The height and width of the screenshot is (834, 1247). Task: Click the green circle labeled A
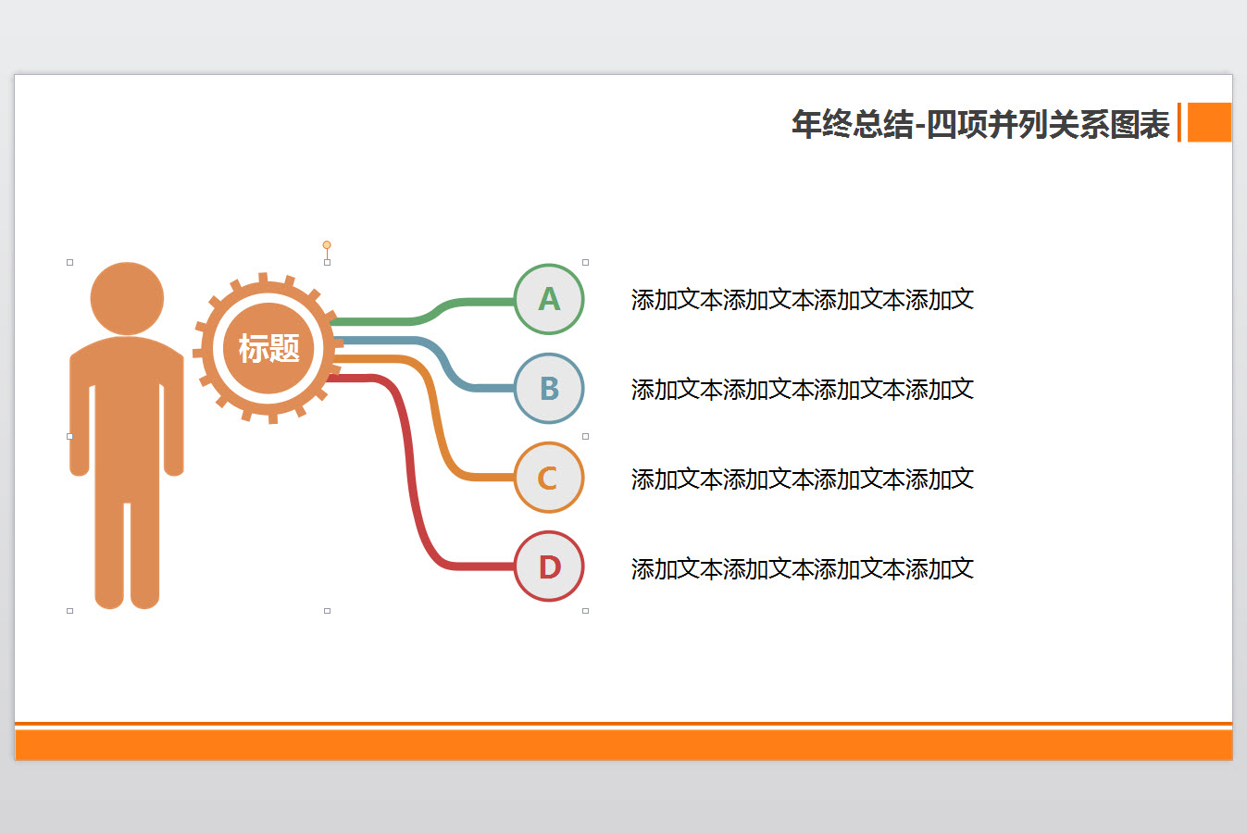tap(549, 299)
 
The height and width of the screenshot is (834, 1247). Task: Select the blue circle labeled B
tap(549, 389)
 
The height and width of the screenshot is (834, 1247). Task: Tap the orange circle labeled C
tap(549, 478)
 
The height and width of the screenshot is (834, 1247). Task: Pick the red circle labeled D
tap(549, 566)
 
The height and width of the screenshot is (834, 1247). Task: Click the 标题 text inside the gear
tap(268, 348)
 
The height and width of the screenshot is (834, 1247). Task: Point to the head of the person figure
tap(127, 298)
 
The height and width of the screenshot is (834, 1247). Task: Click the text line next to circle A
tap(802, 300)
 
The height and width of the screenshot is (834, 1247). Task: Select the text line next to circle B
tap(802, 390)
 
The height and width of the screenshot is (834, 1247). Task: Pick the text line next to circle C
tap(802, 479)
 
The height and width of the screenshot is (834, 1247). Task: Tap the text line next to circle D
tap(802, 569)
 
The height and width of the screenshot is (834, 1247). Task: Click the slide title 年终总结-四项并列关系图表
tap(980, 124)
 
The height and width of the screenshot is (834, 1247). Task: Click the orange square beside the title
tap(1209, 122)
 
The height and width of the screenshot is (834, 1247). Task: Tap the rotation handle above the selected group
tap(327, 245)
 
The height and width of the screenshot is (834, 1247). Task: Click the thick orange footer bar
tap(623, 745)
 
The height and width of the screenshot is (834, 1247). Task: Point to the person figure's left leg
tap(110, 555)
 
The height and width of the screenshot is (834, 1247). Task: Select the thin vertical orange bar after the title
tap(1178, 122)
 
